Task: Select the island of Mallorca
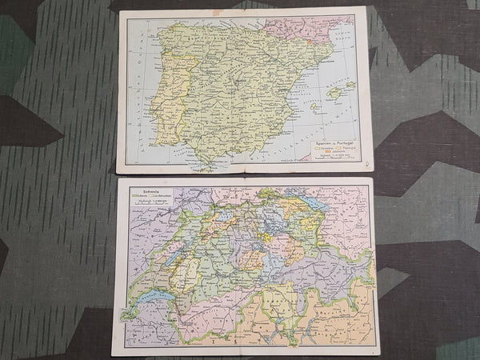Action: coord(334,93)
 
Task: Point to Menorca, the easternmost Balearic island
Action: coord(350,84)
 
